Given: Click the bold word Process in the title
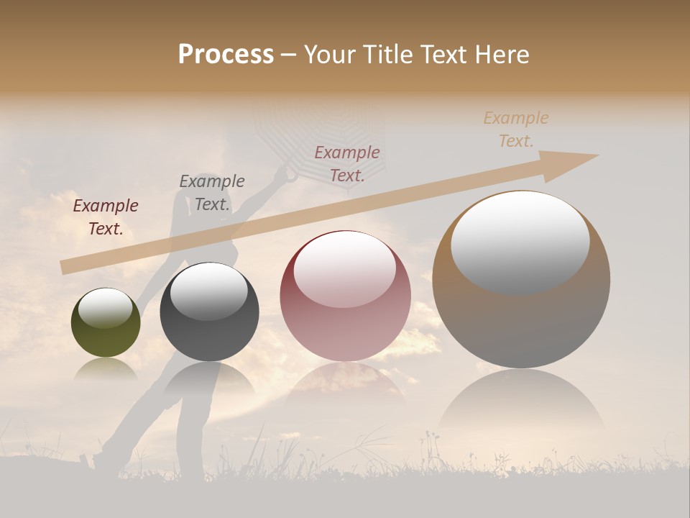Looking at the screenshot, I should pos(226,55).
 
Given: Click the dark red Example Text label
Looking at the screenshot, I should pos(106,217).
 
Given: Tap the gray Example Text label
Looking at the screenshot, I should pos(212,193).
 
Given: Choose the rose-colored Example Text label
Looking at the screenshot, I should pos(347,163).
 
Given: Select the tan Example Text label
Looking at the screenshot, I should pos(516,129).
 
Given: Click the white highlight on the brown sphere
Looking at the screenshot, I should pos(520,241).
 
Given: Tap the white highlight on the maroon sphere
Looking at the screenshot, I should pos(344,268).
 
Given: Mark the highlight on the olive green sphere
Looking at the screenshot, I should pos(105,307).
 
